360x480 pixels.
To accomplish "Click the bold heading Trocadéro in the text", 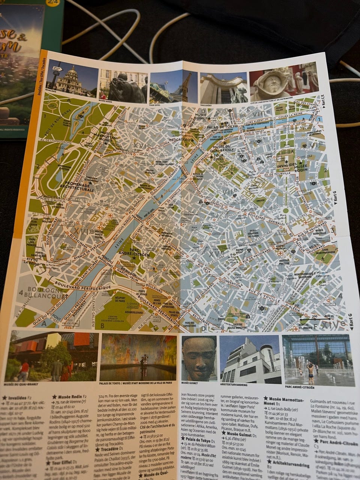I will click(111, 448).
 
